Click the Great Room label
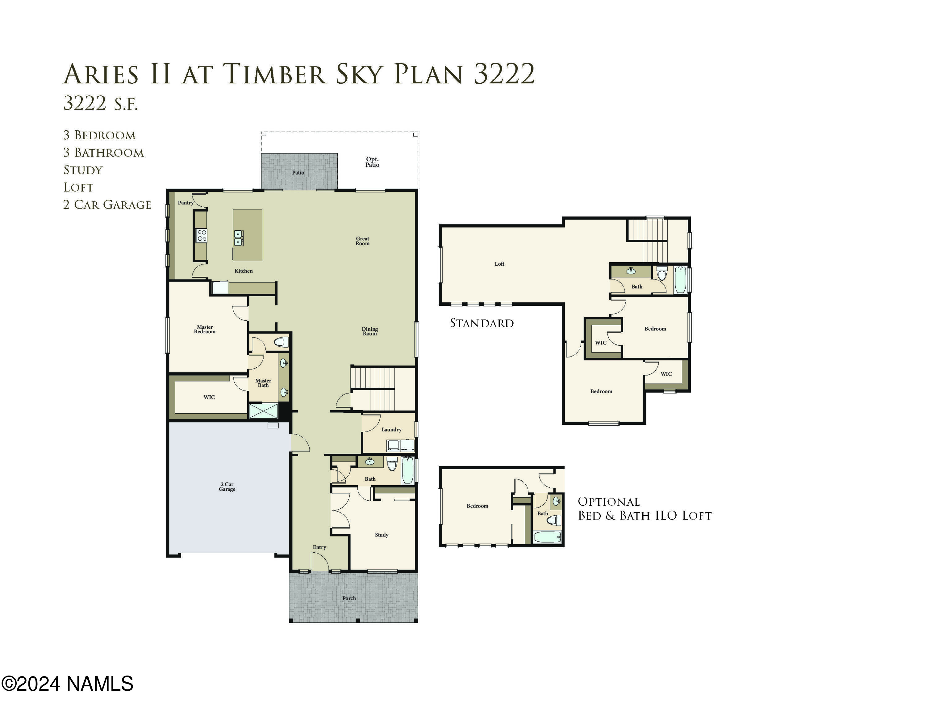point(362,241)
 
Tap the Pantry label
point(185,203)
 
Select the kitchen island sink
point(238,238)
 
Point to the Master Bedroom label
point(204,329)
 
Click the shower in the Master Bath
point(263,411)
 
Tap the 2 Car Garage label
point(227,486)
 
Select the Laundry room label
point(391,429)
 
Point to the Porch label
point(349,598)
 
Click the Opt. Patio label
point(372,162)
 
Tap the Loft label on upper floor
point(499,264)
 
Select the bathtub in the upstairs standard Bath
point(680,280)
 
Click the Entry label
point(319,547)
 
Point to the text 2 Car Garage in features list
point(107,205)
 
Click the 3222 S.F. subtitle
point(101,103)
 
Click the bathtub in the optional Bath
point(547,537)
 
